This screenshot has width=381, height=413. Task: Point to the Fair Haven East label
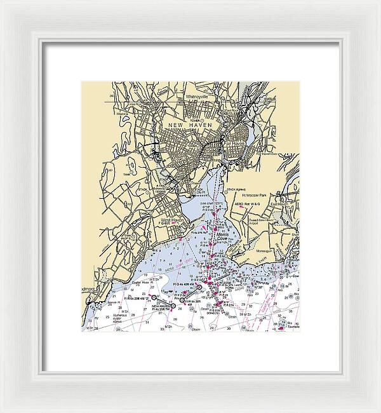[267, 154]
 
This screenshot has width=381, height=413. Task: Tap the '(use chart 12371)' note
[210, 204]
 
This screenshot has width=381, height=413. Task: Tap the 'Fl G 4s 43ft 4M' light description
[185, 284]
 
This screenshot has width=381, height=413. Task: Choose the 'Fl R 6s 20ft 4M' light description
[134, 297]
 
